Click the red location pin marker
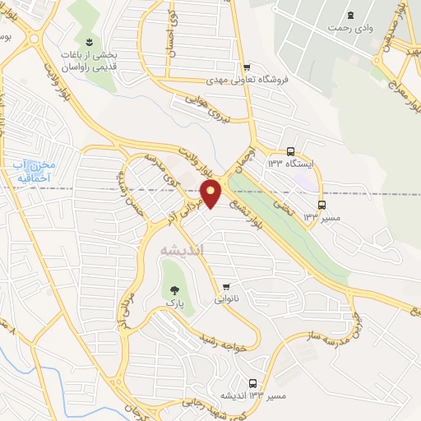211,192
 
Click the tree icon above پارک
173,289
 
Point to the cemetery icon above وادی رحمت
351,16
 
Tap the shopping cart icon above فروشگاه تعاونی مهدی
245,67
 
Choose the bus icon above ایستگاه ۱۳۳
291,151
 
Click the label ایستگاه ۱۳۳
290,164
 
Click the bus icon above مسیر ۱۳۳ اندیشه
252,383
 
